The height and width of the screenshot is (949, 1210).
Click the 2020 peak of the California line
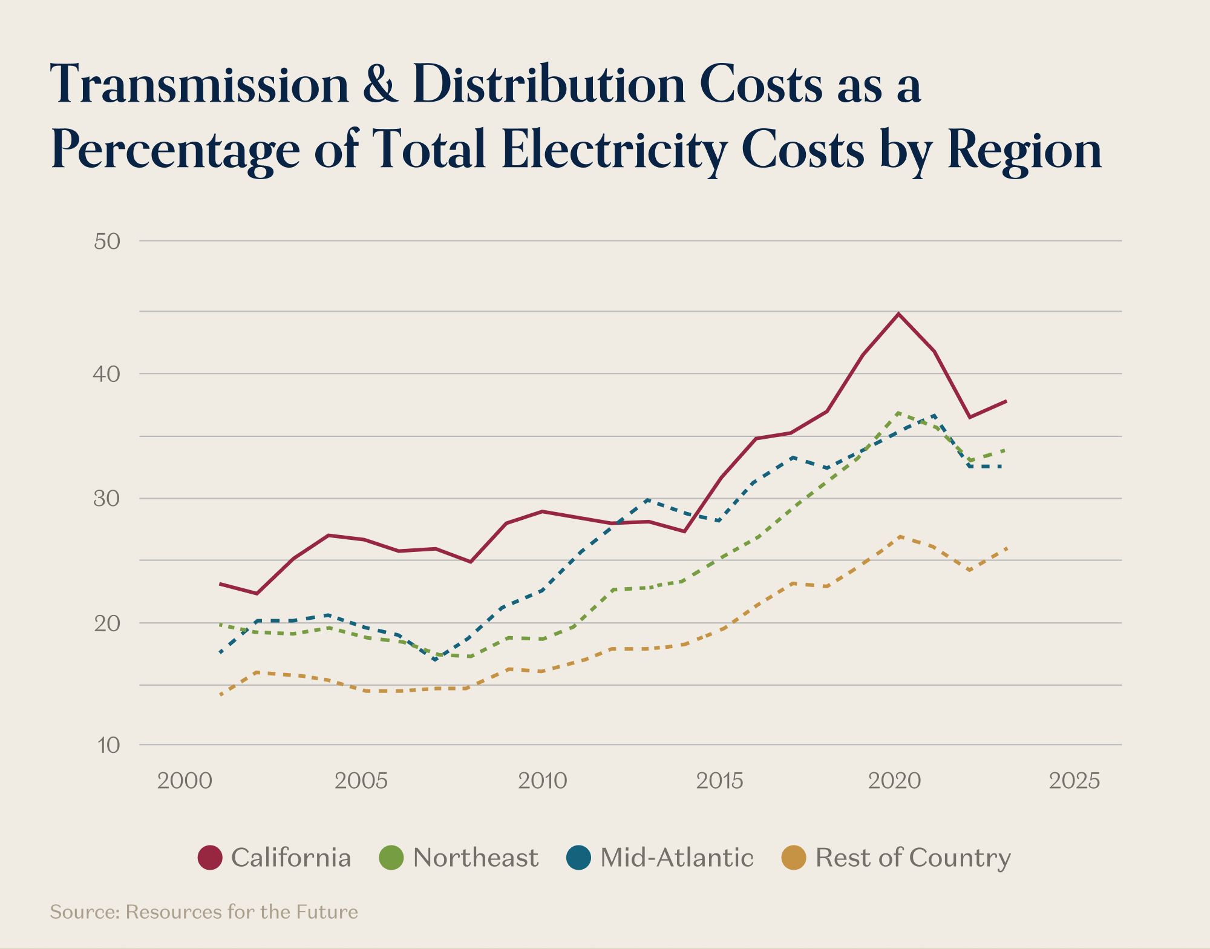click(x=899, y=314)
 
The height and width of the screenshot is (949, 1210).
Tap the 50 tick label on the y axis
click(x=107, y=241)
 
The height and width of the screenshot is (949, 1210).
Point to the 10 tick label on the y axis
click(x=108, y=745)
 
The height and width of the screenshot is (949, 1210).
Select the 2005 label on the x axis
click(x=361, y=781)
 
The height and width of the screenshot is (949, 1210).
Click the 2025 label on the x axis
click(x=1074, y=781)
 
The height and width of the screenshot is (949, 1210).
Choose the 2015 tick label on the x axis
click(x=719, y=781)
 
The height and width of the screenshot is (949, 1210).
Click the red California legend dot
click(x=210, y=858)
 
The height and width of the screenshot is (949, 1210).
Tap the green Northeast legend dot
click(x=391, y=858)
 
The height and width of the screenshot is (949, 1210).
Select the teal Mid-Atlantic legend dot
click(x=578, y=858)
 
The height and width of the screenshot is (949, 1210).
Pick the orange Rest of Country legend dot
click(x=794, y=858)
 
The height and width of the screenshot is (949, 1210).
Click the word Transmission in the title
click(x=200, y=85)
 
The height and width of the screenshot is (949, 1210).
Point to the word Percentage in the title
click(x=175, y=149)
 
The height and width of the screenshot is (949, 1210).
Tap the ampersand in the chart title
click(x=381, y=85)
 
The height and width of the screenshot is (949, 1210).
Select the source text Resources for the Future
click(x=241, y=911)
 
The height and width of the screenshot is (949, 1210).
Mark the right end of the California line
click(x=1006, y=401)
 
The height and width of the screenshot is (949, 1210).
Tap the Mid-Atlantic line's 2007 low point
click(x=435, y=659)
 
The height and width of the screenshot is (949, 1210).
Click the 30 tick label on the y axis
click(x=107, y=499)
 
